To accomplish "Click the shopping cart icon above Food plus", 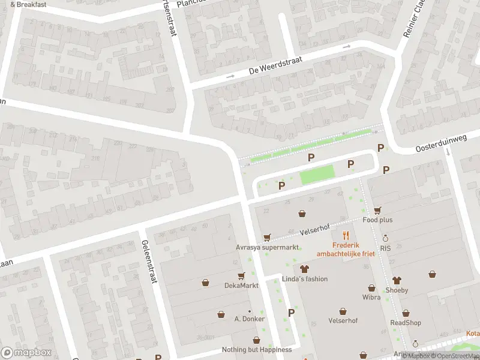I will [x=377, y=210].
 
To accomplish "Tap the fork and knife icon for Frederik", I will [x=346, y=235].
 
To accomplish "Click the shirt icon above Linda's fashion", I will [x=304, y=269].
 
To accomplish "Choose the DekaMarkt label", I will [x=241, y=286].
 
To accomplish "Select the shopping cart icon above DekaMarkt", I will [x=241, y=276].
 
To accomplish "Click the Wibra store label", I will [x=371, y=297].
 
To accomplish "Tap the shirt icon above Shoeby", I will [x=396, y=280].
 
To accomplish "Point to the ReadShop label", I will [x=406, y=323].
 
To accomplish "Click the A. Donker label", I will [x=249, y=319].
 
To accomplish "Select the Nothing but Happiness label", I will [x=257, y=350].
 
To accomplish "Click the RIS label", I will [x=385, y=248].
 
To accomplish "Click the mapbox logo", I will [x=26, y=352].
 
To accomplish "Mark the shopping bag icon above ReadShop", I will [x=406, y=313].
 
